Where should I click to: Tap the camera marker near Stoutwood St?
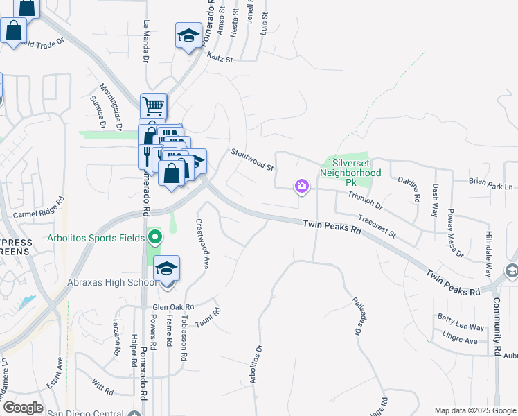[x=301, y=186]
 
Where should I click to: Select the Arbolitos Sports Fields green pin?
[x=155, y=239]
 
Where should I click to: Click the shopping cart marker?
[x=153, y=107]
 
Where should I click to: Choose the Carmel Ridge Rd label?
[x=38, y=206]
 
